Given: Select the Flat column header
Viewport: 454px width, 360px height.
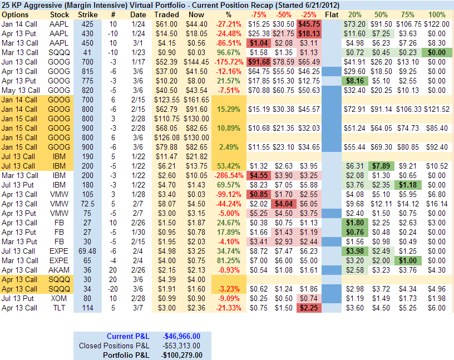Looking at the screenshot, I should (x=331, y=14).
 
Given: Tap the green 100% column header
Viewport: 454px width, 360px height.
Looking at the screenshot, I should (x=437, y=14).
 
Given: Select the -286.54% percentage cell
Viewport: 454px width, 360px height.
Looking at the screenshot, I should (x=228, y=175).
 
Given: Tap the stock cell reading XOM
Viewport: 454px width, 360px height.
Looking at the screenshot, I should (x=60, y=298).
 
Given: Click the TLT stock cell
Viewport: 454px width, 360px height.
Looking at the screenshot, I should (x=60, y=308).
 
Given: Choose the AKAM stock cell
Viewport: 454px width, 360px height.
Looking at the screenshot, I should (x=60, y=270).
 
